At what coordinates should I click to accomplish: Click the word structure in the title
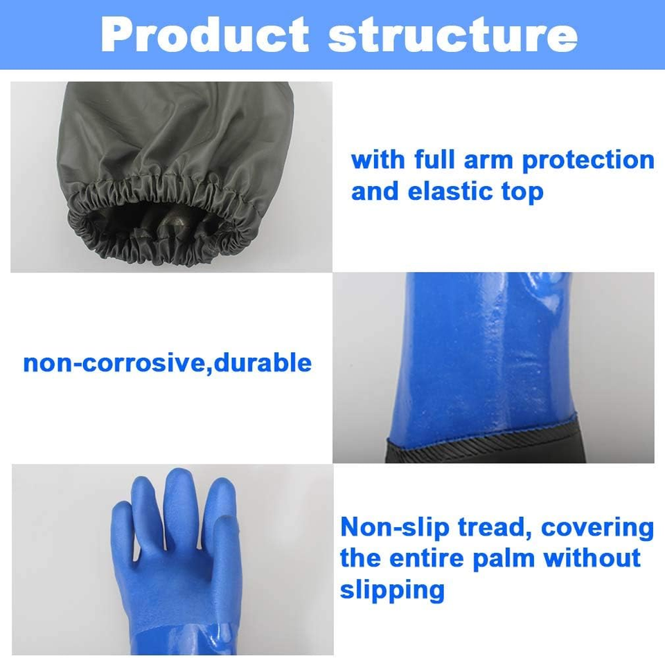point(452,35)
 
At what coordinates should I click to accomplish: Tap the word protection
point(587,161)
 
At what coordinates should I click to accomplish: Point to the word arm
point(489,160)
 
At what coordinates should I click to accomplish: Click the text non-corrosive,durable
point(167,363)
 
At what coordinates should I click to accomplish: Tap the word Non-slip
point(395,527)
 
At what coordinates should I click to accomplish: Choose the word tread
point(495,527)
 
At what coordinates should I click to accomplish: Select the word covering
point(597,528)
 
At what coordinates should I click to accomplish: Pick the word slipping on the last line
point(391,590)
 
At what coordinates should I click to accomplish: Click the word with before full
point(378,160)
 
